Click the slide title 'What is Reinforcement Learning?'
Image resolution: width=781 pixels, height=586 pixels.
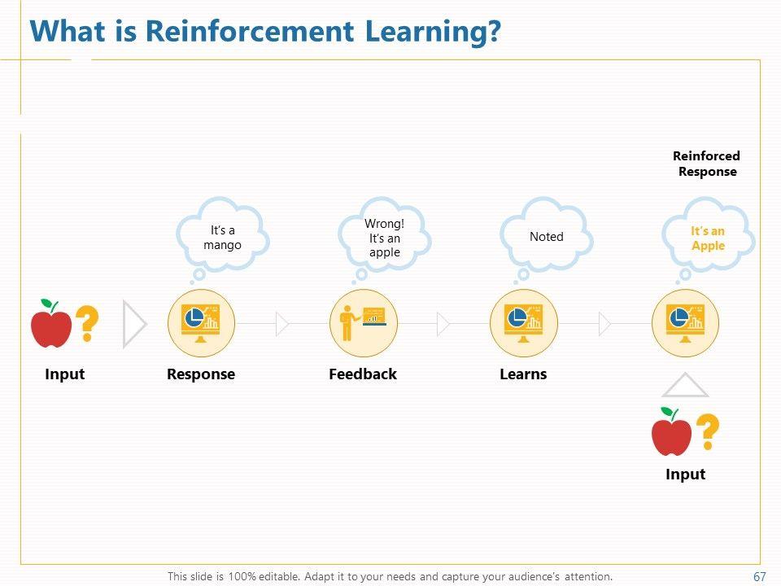pos(265,32)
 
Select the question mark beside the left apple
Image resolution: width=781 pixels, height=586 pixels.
pos(86,324)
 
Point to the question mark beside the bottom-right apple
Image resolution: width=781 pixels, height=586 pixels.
pos(708,432)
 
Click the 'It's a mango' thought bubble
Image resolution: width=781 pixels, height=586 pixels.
pos(222,237)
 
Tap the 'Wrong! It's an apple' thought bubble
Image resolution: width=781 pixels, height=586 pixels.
pos(384,237)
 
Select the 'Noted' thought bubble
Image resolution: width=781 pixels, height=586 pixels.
pos(546,236)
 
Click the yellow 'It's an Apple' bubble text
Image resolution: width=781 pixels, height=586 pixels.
pos(708,238)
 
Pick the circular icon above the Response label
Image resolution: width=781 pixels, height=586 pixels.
pos(201,323)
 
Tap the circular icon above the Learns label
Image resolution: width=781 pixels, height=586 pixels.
pos(524,323)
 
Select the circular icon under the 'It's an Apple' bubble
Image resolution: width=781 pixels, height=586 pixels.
pos(686,323)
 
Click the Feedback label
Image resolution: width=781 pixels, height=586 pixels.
pos(363,374)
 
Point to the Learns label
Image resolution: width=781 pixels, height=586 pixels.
pos(523,374)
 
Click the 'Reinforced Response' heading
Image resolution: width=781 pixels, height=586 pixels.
pos(707,164)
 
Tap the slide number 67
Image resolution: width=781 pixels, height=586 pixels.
pos(760,576)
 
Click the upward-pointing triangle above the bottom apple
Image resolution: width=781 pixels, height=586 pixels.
pos(685,386)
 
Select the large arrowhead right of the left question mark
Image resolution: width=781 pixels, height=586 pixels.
pos(134,324)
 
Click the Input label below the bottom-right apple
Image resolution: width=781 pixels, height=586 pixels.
pos(685,474)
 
